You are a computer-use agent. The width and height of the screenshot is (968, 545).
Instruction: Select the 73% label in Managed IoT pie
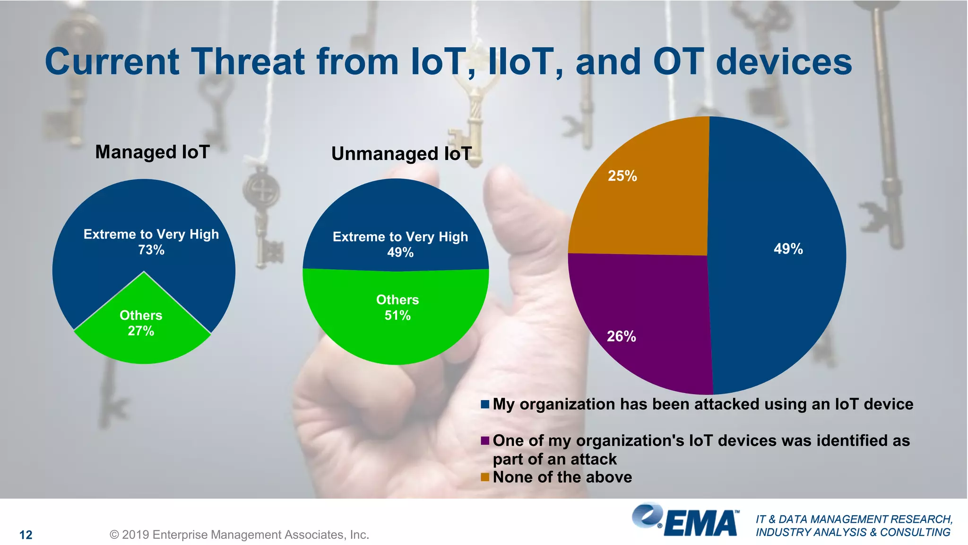[151, 250]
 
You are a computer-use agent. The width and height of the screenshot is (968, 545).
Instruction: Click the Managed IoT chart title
[152, 152]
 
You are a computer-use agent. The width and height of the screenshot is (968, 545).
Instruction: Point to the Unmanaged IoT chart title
[401, 154]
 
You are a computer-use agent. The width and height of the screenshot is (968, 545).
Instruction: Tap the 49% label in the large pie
[788, 249]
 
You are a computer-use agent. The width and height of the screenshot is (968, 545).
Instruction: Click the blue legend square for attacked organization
[484, 404]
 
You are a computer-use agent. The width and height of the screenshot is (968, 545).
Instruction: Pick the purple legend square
[484, 441]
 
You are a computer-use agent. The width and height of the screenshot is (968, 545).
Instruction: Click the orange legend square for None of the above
[484, 477]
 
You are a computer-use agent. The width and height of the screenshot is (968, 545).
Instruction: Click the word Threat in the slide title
[248, 62]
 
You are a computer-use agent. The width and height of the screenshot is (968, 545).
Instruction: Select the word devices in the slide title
[784, 62]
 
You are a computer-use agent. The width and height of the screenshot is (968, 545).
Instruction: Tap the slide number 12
[26, 535]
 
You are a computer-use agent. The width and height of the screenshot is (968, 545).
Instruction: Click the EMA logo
[685, 520]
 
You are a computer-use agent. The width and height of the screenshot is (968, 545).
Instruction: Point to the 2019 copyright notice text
[239, 535]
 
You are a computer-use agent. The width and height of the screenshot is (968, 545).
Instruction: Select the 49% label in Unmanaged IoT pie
[400, 252]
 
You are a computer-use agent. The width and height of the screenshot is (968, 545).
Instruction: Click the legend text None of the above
[562, 477]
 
